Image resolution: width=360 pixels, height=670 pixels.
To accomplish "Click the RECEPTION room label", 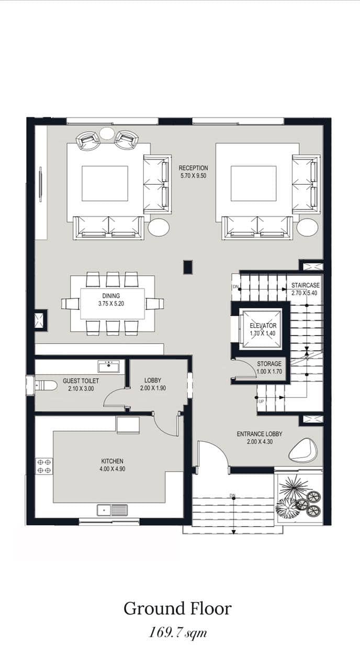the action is pyautogui.click(x=193, y=168).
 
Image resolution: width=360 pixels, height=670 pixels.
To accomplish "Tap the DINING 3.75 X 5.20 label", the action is pyautogui.click(x=111, y=300).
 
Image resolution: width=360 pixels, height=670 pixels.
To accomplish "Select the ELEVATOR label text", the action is pyautogui.click(x=263, y=326).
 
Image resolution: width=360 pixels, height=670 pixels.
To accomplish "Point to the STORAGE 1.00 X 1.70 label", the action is pyautogui.click(x=269, y=367).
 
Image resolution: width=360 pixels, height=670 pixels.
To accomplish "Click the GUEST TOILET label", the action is pyautogui.click(x=81, y=381).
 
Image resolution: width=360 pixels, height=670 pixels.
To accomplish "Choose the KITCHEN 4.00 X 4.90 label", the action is pyautogui.click(x=112, y=465).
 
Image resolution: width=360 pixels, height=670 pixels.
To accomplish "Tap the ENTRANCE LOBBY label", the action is pyautogui.click(x=260, y=434).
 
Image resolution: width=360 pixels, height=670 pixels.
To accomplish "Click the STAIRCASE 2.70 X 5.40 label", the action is pyautogui.click(x=305, y=289).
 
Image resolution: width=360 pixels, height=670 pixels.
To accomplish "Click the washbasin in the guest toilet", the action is pyautogui.click(x=109, y=366).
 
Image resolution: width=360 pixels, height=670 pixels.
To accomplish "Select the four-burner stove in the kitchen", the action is pyautogui.click(x=44, y=466).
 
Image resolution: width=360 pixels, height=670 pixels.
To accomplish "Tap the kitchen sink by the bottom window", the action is pyautogui.click(x=113, y=510).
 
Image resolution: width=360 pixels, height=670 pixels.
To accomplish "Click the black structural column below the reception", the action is pyautogui.click(x=188, y=267).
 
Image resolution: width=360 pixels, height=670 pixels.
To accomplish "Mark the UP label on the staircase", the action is pyautogui.click(x=261, y=401).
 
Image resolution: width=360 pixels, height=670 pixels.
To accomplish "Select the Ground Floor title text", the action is pyautogui.click(x=177, y=609).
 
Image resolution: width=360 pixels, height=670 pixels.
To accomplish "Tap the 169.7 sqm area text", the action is pyautogui.click(x=177, y=633).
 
